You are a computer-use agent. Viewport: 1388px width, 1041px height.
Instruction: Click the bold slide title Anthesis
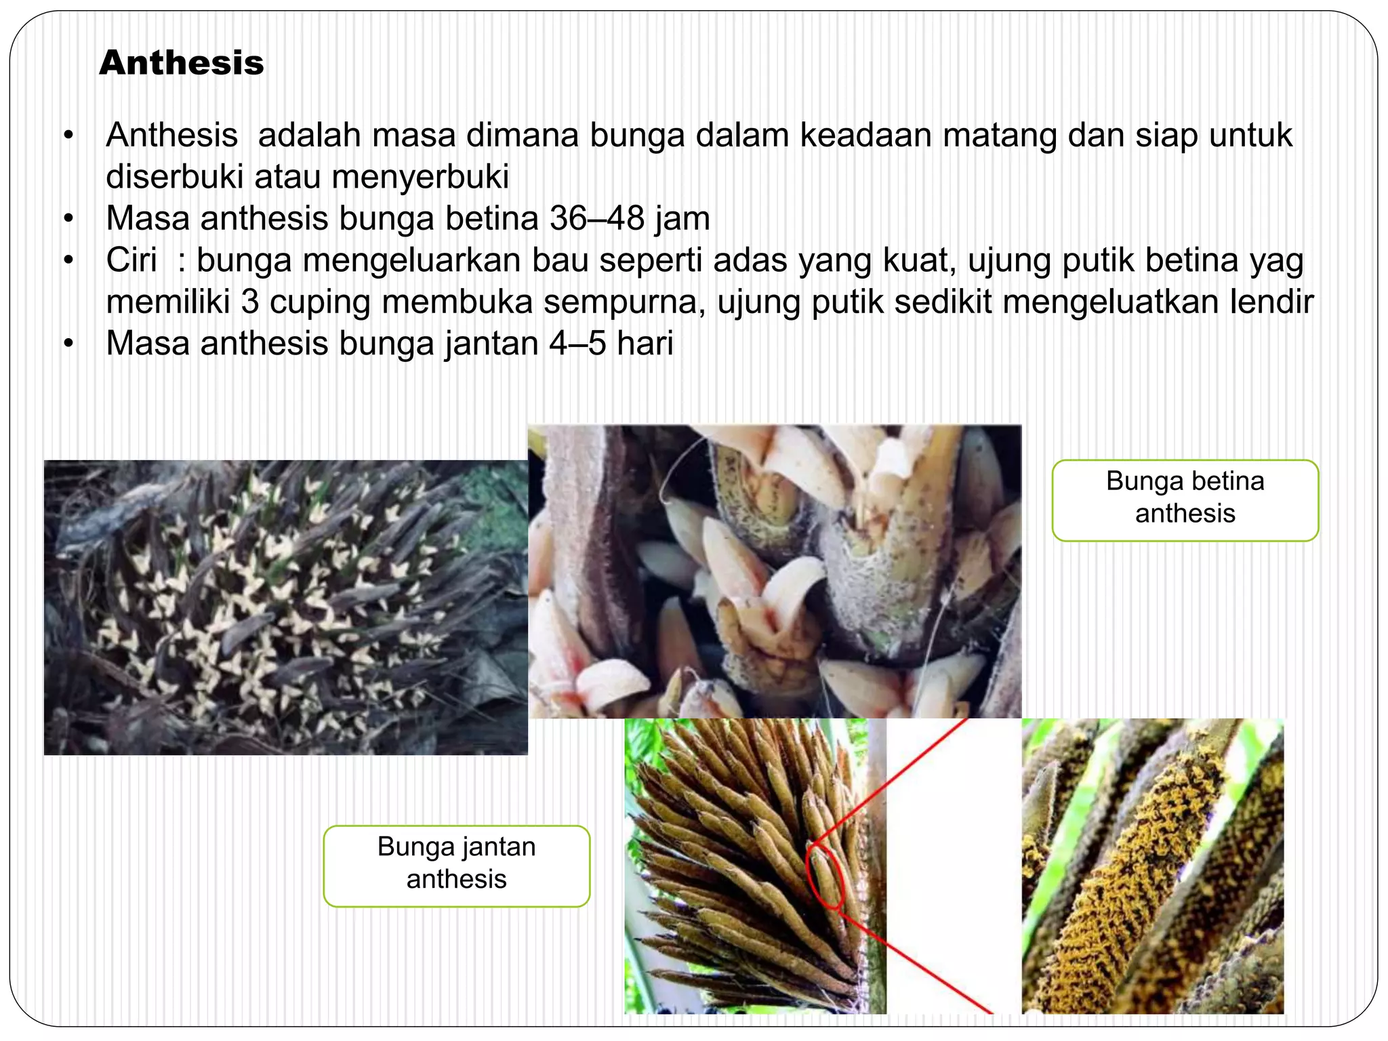pos(181,63)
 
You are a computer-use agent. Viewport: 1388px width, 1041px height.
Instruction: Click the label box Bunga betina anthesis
pos(1185,500)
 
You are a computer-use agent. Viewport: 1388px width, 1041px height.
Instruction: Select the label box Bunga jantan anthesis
pos(456,865)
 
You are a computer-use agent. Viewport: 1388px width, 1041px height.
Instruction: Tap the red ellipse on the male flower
pos(825,876)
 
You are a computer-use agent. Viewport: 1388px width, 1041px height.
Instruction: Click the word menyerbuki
pos(420,177)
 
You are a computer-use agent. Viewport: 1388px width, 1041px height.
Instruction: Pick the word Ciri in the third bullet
pos(131,260)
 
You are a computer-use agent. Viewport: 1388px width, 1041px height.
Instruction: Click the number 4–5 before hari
pos(577,343)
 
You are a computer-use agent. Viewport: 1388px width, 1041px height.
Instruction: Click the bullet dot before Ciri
pos(68,260)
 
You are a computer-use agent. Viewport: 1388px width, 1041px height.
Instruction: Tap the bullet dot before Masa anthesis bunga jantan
pos(68,344)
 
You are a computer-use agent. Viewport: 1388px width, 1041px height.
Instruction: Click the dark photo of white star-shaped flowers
pos(285,607)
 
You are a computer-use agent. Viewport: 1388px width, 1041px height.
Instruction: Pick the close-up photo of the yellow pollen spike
pos(1152,865)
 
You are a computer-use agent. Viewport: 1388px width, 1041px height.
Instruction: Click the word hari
pos(645,343)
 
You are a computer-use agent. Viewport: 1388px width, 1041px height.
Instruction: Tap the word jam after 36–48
pos(682,218)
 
